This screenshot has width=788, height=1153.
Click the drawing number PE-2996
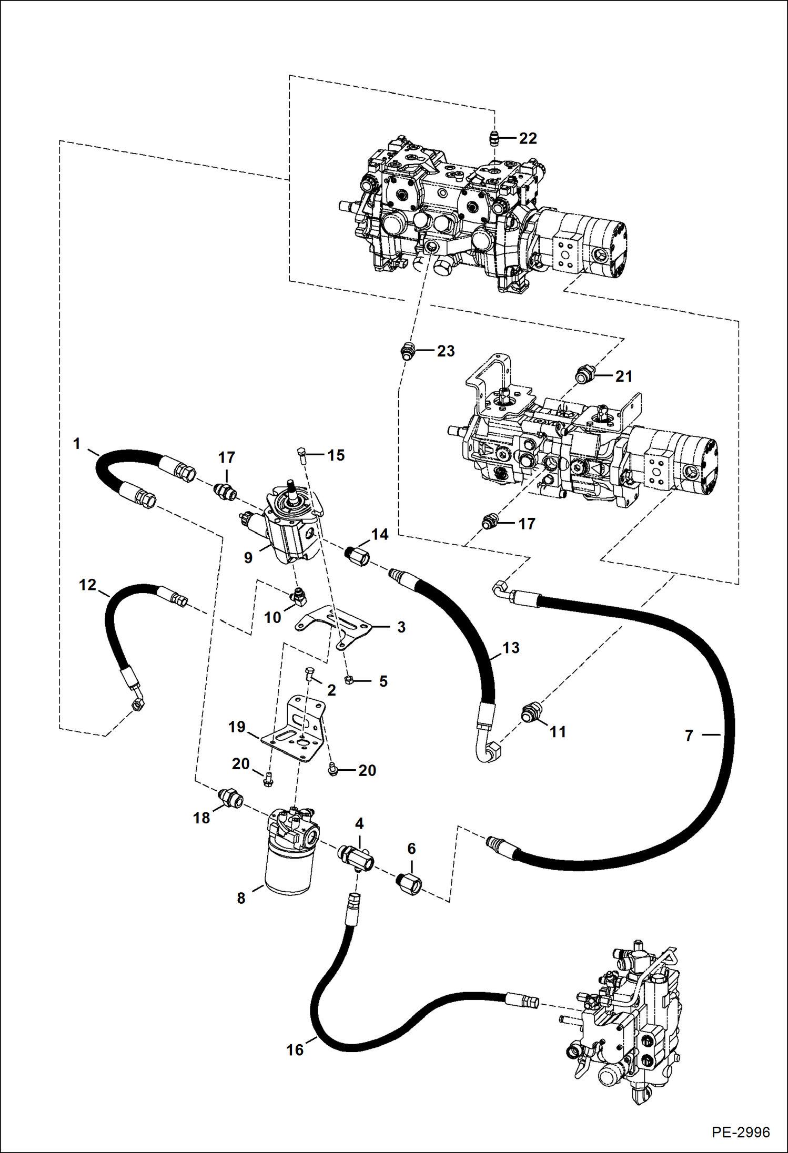(x=741, y=1131)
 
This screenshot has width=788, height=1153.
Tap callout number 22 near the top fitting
(x=528, y=138)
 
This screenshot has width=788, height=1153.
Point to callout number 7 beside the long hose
(x=689, y=735)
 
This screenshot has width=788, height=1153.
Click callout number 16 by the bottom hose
(x=295, y=1049)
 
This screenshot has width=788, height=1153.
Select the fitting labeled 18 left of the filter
(x=230, y=797)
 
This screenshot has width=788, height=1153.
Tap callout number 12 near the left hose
(x=87, y=584)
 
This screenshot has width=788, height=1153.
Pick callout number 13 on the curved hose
(x=511, y=648)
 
